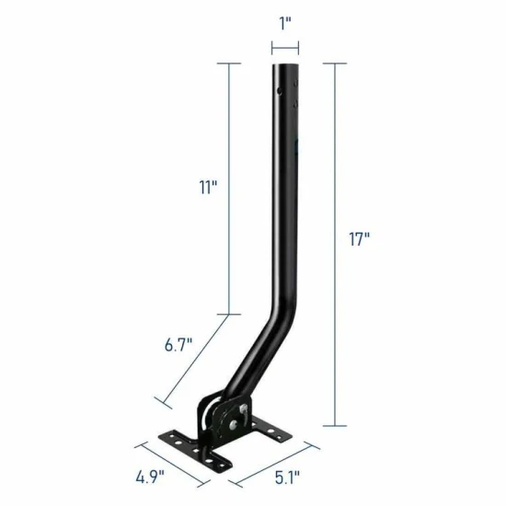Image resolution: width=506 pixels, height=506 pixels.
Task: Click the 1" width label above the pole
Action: point(285,24)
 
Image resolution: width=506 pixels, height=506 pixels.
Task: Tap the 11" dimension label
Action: point(208,187)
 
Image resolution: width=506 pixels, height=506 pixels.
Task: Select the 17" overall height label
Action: point(359,239)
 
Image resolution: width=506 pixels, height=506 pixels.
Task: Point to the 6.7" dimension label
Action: point(178,345)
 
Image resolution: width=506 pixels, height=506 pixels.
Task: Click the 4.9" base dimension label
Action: point(150,477)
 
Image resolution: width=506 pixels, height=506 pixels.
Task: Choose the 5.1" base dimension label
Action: point(287,477)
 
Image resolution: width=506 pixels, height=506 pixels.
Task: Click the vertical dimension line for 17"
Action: point(335,245)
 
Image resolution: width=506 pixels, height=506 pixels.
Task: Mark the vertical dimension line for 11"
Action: point(229,189)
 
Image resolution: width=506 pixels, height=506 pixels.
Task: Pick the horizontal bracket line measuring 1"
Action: point(285,49)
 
